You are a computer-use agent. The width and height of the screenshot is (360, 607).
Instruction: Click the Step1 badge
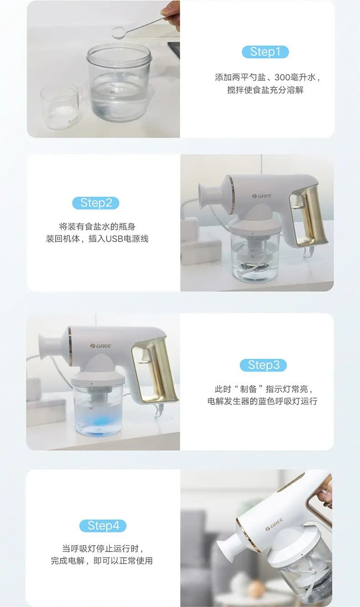(265, 52)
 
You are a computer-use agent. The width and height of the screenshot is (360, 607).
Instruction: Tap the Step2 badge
(96, 203)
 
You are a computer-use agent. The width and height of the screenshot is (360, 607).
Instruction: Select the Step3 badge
(263, 365)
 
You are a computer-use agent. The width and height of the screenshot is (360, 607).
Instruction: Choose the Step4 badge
(103, 525)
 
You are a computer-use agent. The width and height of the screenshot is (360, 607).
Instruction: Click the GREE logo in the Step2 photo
(262, 196)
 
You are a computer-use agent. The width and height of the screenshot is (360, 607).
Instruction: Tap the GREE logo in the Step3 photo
(101, 346)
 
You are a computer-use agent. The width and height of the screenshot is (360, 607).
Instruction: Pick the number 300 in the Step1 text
(282, 77)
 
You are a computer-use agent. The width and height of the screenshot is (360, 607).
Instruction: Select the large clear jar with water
(119, 83)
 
